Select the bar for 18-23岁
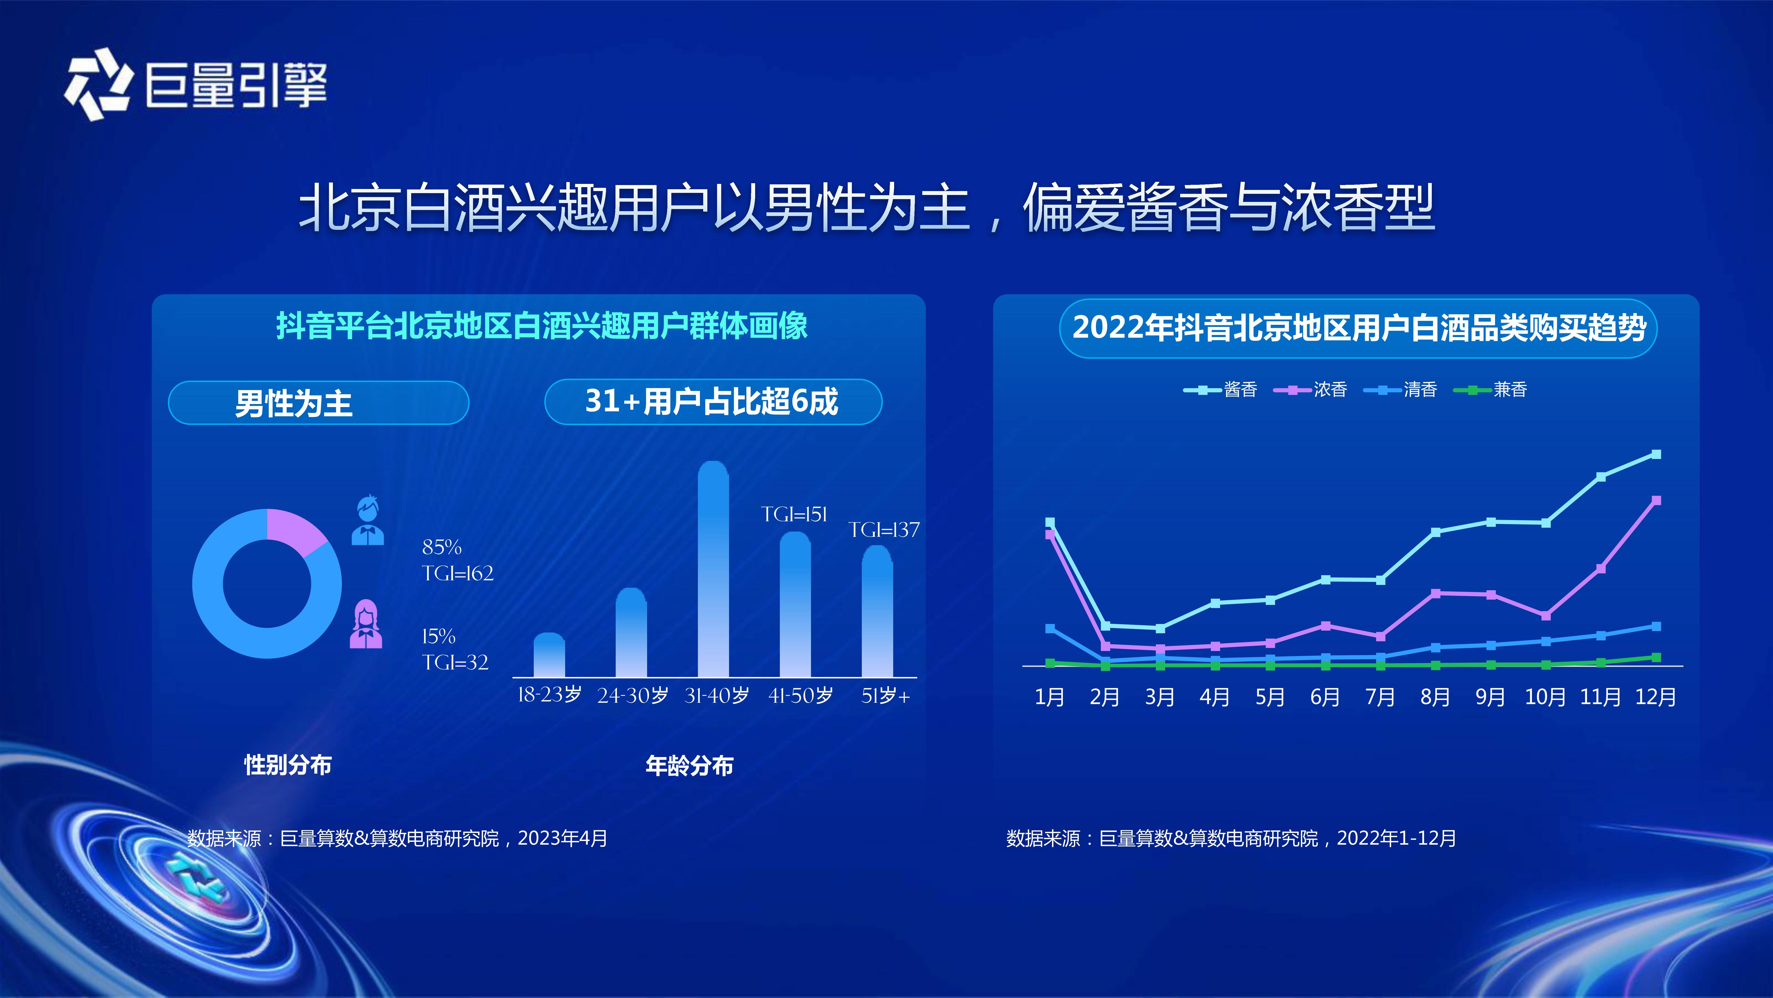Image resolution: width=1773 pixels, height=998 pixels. click(x=549, y=655)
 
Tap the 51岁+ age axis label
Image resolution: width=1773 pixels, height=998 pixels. click(x=885, y=696)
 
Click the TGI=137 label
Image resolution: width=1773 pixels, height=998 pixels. click(x=884, y=530)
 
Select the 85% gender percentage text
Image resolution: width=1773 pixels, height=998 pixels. click(x=441, y=547)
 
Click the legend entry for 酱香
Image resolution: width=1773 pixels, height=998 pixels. click(x=1220, y=390)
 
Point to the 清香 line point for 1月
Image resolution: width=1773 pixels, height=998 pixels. click(x=1050, y=628)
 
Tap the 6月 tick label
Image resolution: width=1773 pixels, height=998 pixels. click(x=1325, y=697)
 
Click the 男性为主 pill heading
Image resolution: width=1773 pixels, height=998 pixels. click(x=319, y=403)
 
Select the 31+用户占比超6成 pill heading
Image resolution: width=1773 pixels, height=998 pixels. click(x=713, y=402)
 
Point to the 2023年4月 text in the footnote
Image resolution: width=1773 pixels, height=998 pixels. click(x=562, y=838)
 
